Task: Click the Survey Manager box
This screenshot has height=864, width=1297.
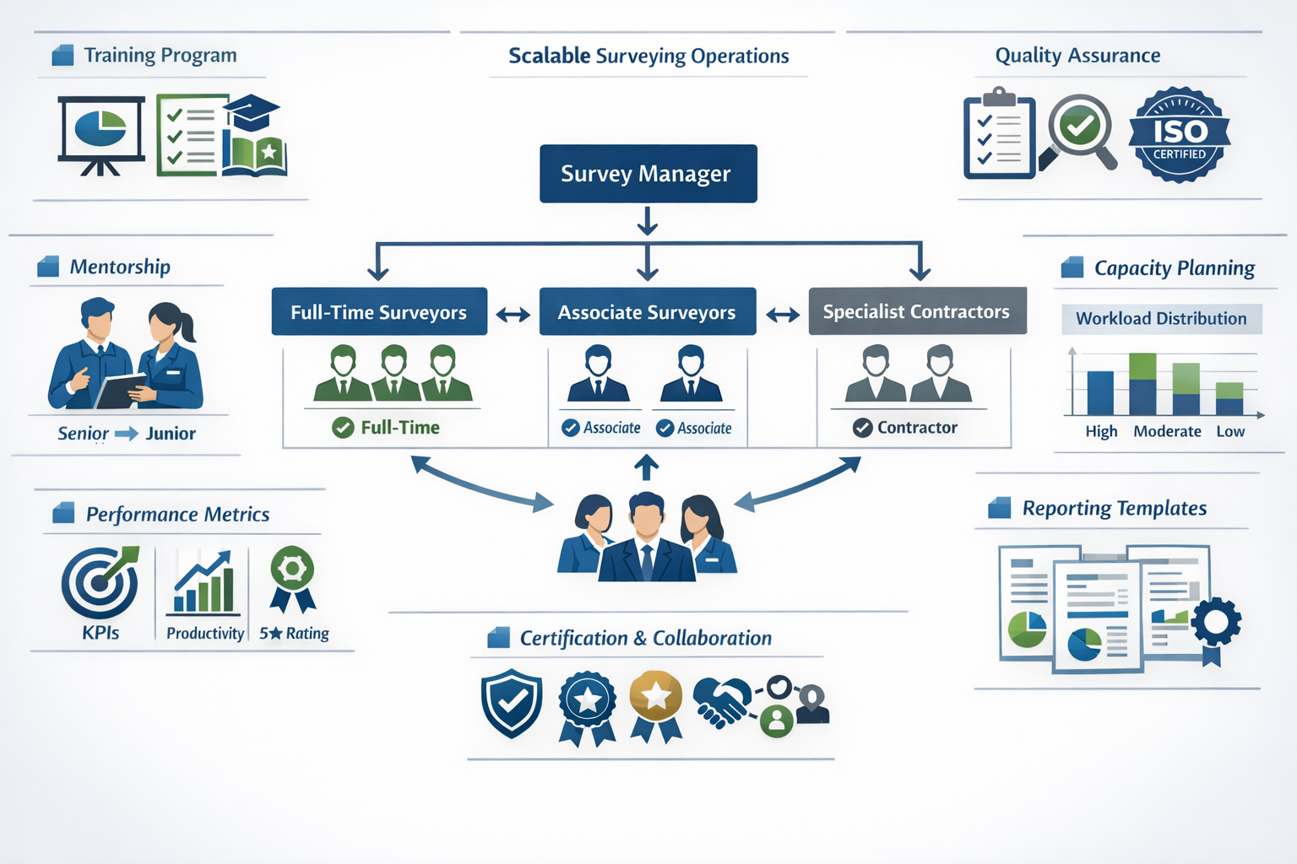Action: [x=648, y=174]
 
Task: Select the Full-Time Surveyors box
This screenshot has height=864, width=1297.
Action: [x=379, y=312]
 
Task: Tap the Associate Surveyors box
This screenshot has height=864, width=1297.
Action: [x=647, y=312]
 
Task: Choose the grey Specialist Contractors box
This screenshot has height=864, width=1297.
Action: [x=917, y=311]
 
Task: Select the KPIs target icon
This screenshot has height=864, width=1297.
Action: [x=100, y=582]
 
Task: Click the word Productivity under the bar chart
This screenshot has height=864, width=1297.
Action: [x=204, y=634]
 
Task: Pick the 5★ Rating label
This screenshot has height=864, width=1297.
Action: [x=294, y=634]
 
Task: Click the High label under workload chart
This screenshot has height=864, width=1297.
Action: [x=1101, y=431]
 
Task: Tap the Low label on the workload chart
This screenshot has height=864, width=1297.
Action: [x=1230, y=431]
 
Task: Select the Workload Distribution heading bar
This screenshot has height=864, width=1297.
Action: [x=1161, y=319]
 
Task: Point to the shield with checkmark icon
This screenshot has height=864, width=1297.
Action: [x=512, y=702]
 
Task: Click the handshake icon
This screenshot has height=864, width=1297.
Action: [x=722, y=702]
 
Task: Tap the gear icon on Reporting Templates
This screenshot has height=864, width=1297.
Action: [x=1216, y=623]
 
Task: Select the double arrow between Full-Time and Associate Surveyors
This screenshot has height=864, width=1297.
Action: [x=513, y=315]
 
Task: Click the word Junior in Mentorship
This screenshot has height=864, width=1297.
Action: [x=171, y=434]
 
